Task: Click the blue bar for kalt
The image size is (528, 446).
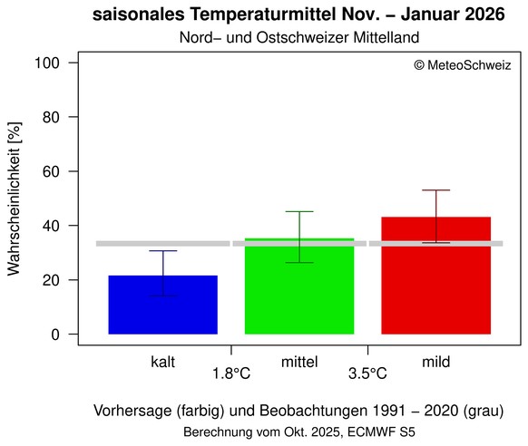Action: coord(163,305)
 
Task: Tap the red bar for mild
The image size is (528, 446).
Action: coord(435,276)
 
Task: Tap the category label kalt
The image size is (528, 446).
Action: coord(163,362)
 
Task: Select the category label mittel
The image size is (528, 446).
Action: coord(299,362)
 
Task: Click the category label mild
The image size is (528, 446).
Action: coord(436,362)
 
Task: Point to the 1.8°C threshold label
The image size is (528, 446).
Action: coord(231,373)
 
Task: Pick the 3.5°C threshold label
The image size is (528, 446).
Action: coord(367,373)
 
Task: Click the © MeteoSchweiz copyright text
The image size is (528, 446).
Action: coord(462,65)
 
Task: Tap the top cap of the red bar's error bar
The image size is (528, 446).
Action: coord(435,190)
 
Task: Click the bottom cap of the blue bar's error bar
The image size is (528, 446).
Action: coord(163,296)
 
